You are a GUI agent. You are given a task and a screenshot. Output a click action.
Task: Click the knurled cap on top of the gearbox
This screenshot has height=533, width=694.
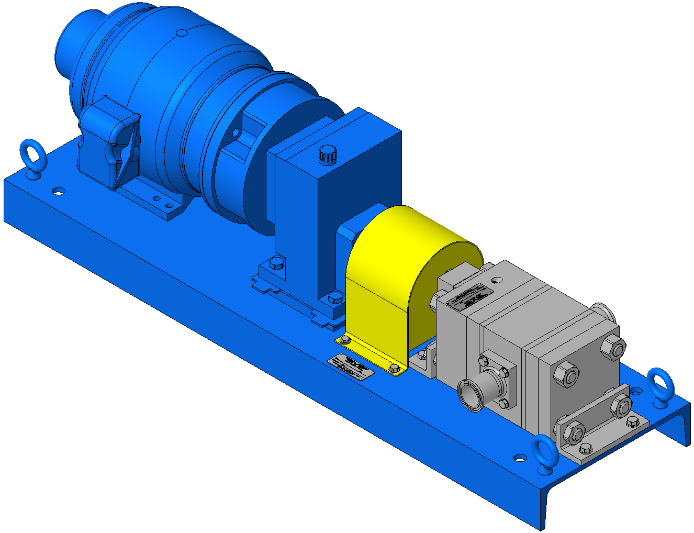pos(327,154)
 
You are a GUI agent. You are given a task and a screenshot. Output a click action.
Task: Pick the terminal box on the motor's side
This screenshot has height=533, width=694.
pos(117,144)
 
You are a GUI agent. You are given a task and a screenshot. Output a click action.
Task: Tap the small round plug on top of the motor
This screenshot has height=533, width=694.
pos(182,33)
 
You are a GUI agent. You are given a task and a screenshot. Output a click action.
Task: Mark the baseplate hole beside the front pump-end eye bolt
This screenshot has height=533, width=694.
pos(519,458)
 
